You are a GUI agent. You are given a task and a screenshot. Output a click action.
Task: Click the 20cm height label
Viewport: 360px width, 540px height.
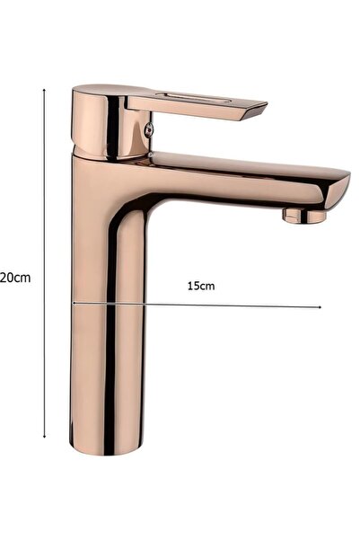[15, 277]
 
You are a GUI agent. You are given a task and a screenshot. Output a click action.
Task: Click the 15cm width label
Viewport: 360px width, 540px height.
[200, 286]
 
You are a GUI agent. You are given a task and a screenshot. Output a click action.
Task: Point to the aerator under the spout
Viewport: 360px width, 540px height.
[303, 215]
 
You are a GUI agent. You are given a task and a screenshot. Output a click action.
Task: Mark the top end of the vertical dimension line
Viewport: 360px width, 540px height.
[45, 89]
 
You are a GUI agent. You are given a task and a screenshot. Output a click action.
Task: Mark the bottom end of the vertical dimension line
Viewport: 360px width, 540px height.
[45, 437]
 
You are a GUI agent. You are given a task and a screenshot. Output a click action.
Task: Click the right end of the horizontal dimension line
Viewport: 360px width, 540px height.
[320, 307]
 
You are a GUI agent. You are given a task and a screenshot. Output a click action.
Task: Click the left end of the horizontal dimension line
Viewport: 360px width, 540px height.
[73, 303]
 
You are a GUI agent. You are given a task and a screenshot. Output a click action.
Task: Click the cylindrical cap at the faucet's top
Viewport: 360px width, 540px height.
[99, 121]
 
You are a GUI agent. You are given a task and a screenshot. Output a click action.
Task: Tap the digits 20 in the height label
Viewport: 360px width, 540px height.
[8, 277]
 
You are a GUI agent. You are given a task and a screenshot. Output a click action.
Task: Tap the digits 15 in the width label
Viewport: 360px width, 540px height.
[194, 286]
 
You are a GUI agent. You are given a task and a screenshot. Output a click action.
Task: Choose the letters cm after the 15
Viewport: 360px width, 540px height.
[207, 286]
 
